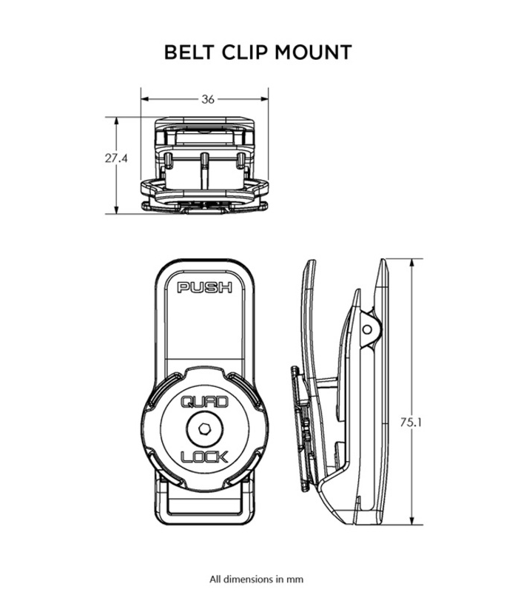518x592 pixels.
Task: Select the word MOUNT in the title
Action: click(313, 52)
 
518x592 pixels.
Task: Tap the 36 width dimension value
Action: click(208, 99)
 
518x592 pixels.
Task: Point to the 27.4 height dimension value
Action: click(116, 158)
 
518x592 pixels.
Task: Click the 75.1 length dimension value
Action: click(411, 422)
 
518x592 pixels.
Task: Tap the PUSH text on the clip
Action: click(205, 288)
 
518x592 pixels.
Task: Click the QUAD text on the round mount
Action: click(205, 402)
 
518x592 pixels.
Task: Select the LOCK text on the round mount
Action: click(205, 457)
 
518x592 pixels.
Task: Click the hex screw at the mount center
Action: click(205, 429)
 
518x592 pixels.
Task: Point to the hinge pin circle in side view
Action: click(367, 329)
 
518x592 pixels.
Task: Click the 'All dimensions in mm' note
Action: click(256, 579)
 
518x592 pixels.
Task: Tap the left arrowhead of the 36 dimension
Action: click(146, 99)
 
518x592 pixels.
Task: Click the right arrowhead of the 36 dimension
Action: click(263, 99)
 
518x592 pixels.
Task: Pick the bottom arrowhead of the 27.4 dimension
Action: click(116, 209)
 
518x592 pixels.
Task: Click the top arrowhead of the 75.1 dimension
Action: click(411, 264)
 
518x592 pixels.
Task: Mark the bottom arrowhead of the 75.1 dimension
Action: click(411, 519)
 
